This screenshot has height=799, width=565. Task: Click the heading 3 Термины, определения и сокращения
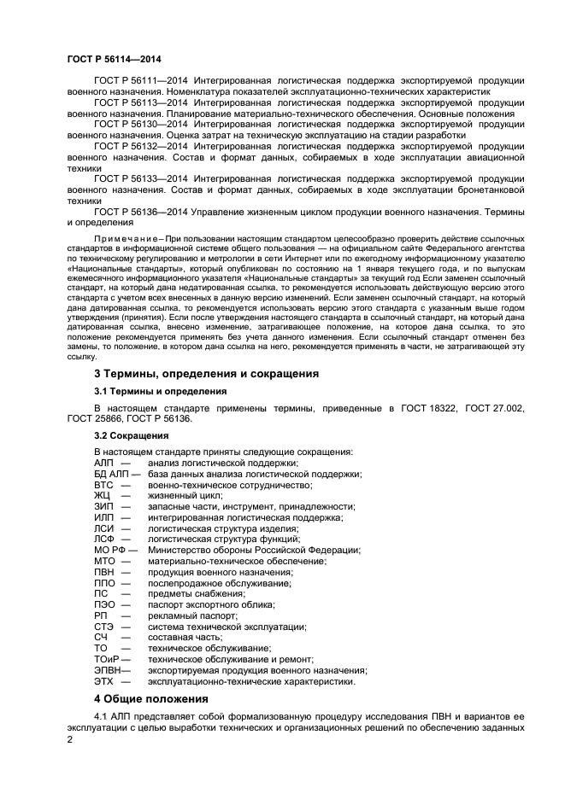pos(206,373)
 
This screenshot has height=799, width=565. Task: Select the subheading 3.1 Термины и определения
pos(160,391)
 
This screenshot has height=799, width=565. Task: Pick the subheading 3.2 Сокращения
pos(131,435)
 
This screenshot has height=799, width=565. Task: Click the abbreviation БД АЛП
pos(111,474)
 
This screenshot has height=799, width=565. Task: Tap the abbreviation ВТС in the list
pos(103,485)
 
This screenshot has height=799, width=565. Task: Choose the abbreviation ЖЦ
pos(102,495)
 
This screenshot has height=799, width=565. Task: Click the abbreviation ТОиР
pos(106,659)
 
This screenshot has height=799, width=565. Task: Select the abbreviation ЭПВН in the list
pos(108,670)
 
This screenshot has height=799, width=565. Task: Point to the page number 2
pos(71,741)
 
